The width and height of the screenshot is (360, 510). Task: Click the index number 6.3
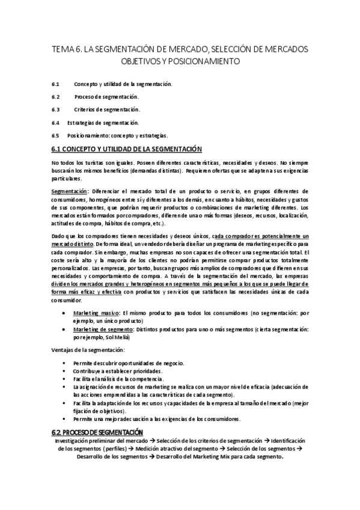[x=55, y=109]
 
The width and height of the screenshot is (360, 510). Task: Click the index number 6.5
[x=55, y=135]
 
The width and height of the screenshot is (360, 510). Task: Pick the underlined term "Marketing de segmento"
[x=99, y=329]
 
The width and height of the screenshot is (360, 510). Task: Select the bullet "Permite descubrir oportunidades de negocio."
[x=129, y=364]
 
